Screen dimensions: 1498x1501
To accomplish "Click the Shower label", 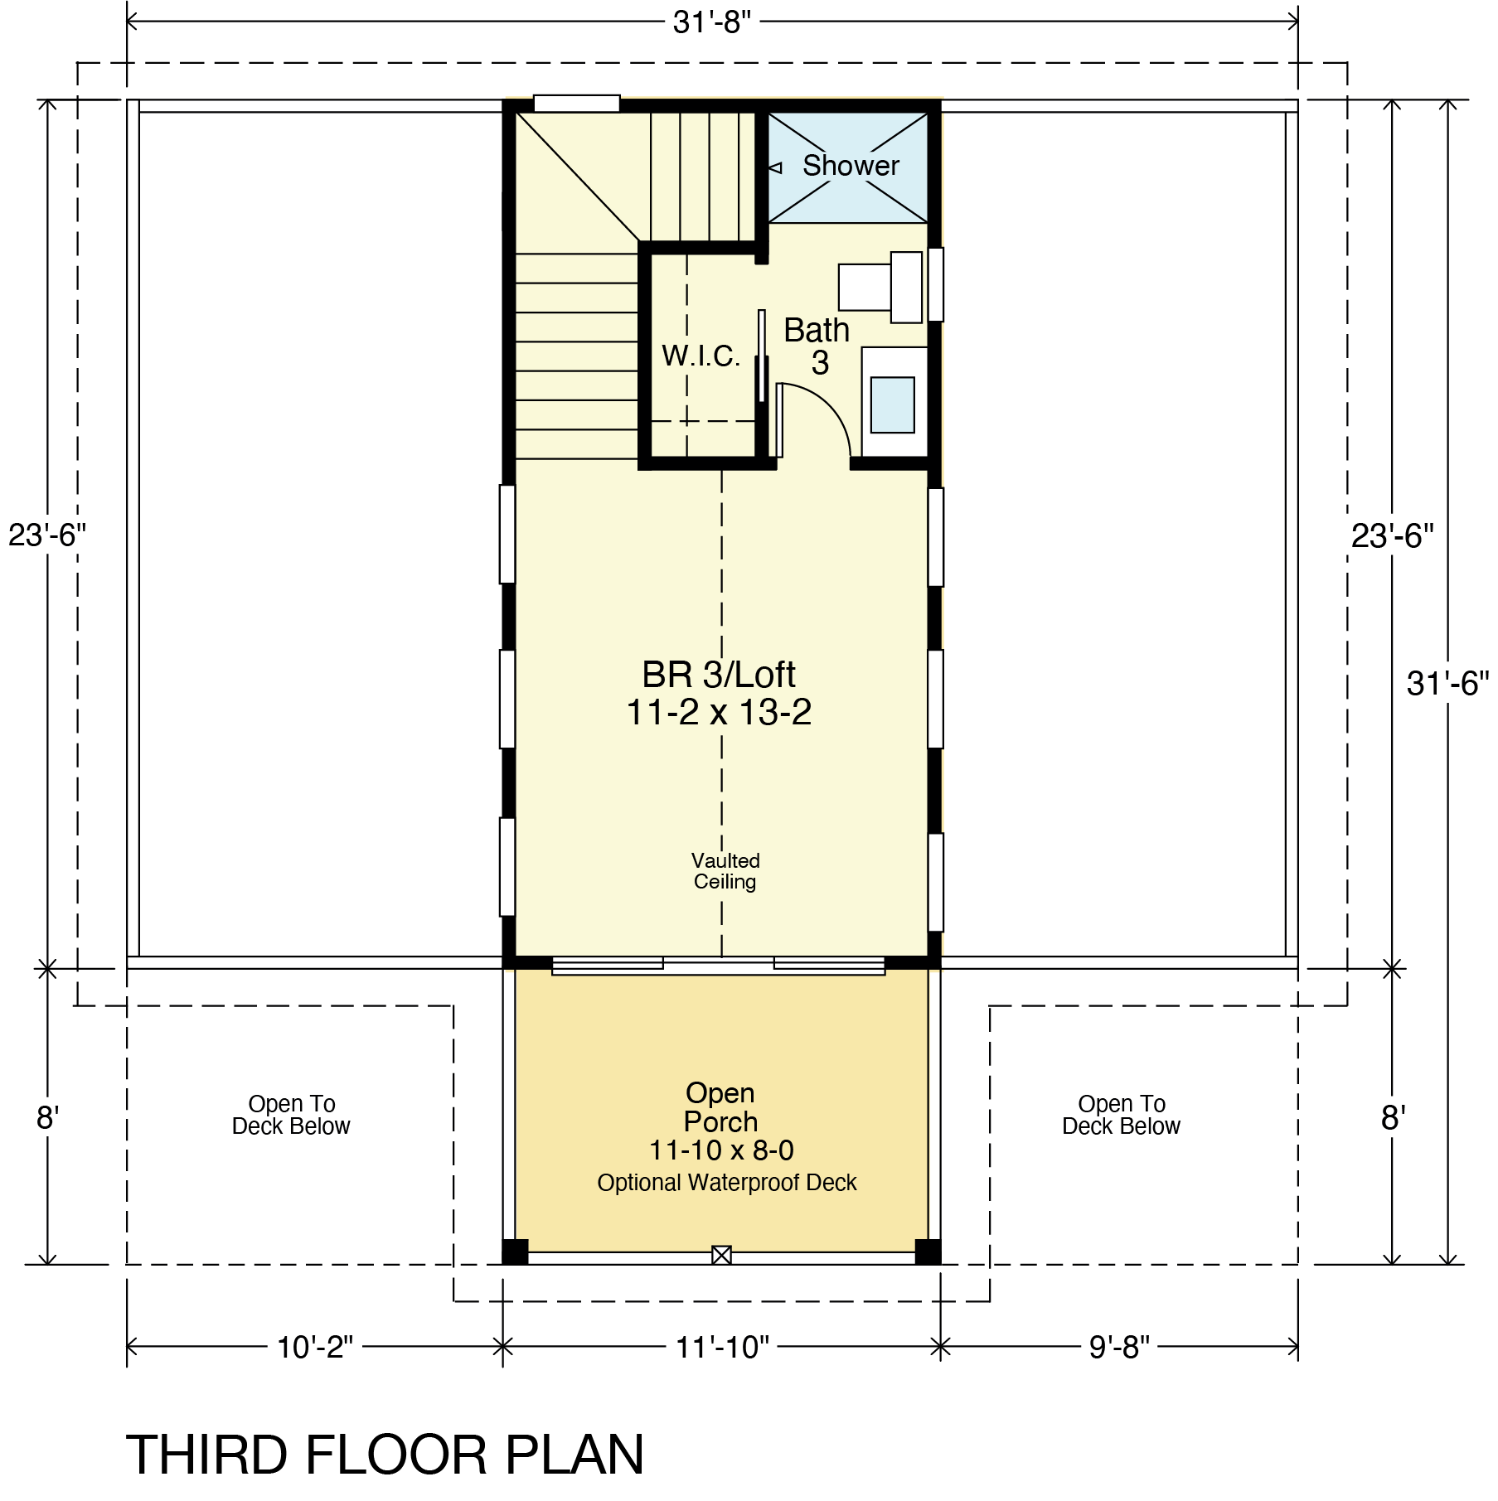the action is click(851, 166).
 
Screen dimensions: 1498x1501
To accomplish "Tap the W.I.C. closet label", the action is click(701, 356).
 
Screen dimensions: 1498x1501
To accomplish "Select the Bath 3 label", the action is click(817, 346).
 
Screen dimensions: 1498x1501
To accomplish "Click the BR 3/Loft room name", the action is click(719, 675).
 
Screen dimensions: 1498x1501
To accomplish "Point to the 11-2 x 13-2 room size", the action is click(719, 712).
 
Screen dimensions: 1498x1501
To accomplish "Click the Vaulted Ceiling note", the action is click(725, 871).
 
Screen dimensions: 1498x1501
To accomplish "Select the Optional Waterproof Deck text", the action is click(727, 1183).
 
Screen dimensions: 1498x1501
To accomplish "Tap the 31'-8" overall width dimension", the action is click(711, 22).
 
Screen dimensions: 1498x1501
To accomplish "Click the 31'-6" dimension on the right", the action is click(1447, 684).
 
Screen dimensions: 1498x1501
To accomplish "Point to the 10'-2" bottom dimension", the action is click(315, 1348).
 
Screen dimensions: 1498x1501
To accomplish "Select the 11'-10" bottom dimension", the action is click(722, 1348).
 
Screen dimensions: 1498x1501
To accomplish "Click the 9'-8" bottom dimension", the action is click(1120, 1348).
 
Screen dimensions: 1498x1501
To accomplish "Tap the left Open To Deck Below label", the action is click(291, 1115).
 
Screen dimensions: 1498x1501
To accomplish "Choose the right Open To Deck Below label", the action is click(1122, 1115).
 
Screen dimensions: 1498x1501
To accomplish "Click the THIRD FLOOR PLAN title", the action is click(385, 1455).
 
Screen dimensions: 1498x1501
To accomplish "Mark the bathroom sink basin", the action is click(893, 404).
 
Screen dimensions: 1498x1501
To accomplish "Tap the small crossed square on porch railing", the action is click(721, 1256).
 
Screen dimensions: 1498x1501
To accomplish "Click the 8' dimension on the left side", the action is click(46, 1119).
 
